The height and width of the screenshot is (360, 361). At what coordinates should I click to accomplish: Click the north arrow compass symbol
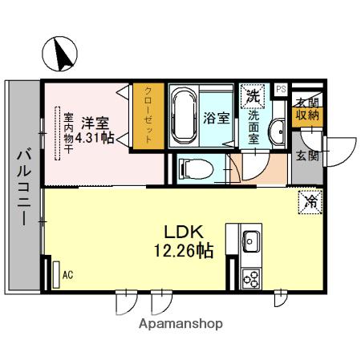coord(60,54)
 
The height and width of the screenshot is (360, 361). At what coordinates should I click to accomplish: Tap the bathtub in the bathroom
coord(184,116)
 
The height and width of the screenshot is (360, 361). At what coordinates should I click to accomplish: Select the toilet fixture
coord(196,169)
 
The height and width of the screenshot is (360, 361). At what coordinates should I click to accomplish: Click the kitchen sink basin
coord(250,241)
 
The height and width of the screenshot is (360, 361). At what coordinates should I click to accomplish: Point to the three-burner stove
coord(250,278)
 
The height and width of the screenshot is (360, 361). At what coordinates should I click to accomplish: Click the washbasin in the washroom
coord(278,132)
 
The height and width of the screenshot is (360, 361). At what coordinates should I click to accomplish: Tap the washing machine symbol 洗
coord(253,96)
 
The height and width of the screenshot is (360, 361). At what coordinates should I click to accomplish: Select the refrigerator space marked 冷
coord(310,202)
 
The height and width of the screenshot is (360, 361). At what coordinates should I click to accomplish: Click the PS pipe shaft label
coord(281,89)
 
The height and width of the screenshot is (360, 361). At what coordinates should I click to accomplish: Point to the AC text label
coord(67,275)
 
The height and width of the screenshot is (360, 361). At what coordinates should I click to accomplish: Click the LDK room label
coord(184,232)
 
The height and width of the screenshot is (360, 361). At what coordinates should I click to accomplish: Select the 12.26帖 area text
coord(184,251)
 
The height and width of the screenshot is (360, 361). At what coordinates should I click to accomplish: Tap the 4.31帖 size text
coord(95,138)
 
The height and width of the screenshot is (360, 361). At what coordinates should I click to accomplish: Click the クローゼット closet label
coord(148,115)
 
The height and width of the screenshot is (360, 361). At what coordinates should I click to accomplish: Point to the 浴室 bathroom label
coord(217,118)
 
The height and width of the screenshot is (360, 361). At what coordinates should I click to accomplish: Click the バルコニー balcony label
coord(24,188)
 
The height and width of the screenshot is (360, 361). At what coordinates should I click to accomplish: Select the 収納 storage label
coord(307,115)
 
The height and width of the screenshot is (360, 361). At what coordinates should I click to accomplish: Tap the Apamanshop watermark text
coord(180,324)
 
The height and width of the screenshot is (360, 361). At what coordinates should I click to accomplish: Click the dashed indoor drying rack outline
coord(58,133)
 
